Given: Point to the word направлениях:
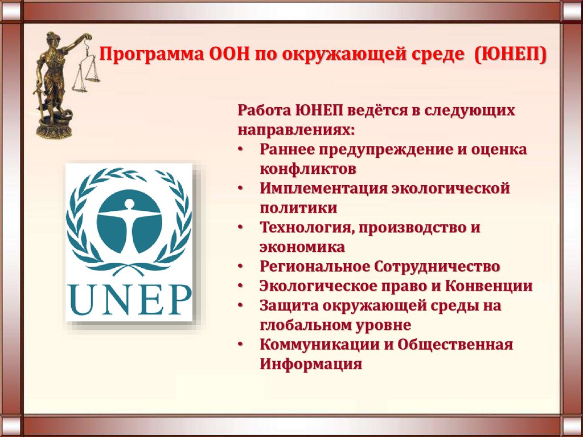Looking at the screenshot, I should point(296,129).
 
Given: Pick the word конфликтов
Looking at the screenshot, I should point(309,169).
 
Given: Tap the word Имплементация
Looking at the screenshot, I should point(323,188).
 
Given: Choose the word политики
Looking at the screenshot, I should point(298,207).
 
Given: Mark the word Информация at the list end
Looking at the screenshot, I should point(311,364).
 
